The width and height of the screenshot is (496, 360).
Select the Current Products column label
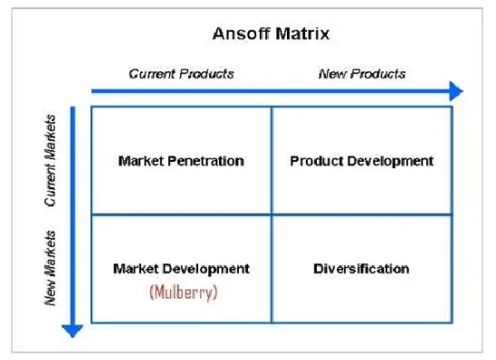[181, 73]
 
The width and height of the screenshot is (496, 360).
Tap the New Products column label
[362, 73]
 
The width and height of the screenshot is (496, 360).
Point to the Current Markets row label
[52, 160]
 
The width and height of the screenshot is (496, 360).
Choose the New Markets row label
[52, 268]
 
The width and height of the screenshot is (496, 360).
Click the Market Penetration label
[181, 161]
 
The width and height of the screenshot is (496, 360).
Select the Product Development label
[362, 161]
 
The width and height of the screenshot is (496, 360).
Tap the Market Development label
[181, 269]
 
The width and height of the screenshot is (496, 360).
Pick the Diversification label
[362, 269]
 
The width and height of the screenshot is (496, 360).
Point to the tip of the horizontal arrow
[460, 90]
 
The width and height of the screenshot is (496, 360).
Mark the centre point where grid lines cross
[272, 214]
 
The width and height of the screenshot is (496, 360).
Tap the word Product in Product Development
[314, 161]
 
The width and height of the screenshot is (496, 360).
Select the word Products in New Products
[383, 73]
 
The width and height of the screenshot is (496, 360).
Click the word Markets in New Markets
[52, 256]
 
